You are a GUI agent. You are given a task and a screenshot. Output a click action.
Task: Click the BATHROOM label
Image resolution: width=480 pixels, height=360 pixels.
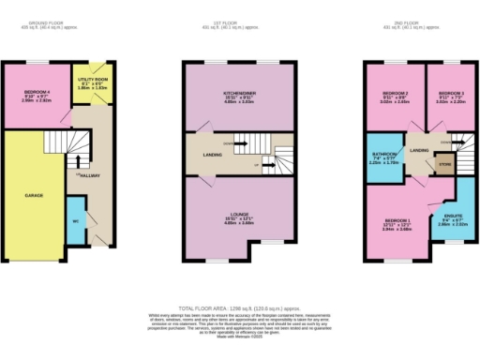[384, 157]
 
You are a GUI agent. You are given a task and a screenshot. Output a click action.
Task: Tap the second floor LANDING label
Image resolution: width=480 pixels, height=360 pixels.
[419, 150]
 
